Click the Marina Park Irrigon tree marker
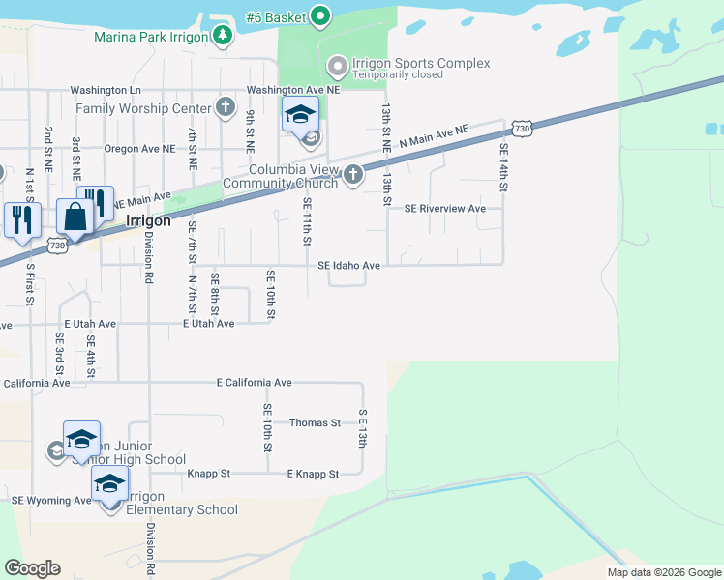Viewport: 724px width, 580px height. click(x=224, y=36)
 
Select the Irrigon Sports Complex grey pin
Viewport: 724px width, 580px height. click(x=338, y=66)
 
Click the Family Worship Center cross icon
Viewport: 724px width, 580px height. click(x=226, y=106)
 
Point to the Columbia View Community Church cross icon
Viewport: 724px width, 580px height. click(x=353, y=174)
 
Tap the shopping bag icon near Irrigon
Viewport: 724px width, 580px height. click(x=75, y=218)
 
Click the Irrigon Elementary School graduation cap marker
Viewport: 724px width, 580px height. click(x=109, y=484)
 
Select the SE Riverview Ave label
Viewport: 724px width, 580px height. click(x=444, y=208)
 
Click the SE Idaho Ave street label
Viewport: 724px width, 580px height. click(x=348, y=265)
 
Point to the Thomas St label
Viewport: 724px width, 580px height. click(x=315, y=422)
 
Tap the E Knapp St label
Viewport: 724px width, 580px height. click(x=313, y=474)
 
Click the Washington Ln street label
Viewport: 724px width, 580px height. click(x=106, y=90)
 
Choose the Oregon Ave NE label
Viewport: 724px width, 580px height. click(x=140, y=149)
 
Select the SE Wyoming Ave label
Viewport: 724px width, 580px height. click(x=51, y=501)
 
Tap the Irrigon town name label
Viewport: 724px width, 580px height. click(x=149, y=220)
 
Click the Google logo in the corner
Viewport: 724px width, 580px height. click(x=33, y=568)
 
